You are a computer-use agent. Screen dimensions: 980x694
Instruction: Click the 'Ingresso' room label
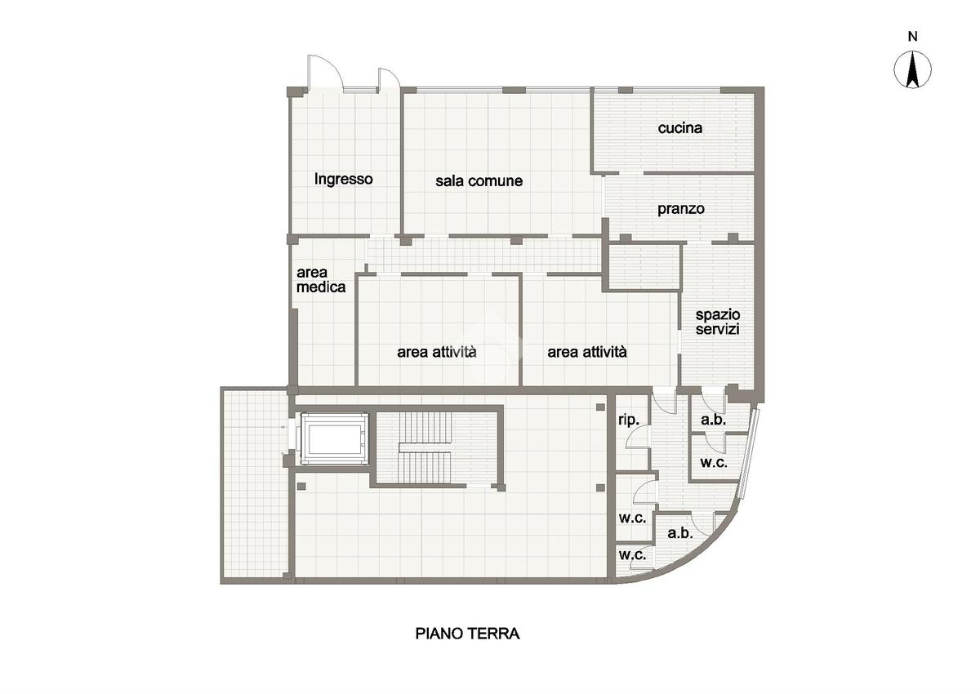pyautogui.click(x=344, y=180)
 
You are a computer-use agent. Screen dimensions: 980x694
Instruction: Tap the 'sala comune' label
pyautogui.click(x=479, y=181)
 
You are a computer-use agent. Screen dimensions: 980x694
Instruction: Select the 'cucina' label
pyautogui.click(x=679, y=127)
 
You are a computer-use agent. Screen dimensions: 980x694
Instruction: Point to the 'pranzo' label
pyautogui.click(x=681, y=209)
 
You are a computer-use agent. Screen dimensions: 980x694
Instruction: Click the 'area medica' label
pyautogui.click(x=321, y=280)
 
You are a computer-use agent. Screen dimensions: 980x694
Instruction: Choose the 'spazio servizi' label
pyautogui.click(x=718, y=322)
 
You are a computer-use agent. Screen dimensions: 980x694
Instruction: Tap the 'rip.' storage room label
pyautogui.click(x=629, y=420)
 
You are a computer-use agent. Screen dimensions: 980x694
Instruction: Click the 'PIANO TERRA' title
pyautogui.click(x=467, y=634)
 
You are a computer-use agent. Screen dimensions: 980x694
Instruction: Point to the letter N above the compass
pyautogui.click(x=912, y=37)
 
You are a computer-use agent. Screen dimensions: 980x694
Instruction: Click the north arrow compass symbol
pyautogui.click(x=912, y=70)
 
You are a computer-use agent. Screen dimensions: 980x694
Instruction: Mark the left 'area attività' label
pyautogui.click(x=437, y=352)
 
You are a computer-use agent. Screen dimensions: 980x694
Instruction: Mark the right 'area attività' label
pyautogui.click(x=586, y=352)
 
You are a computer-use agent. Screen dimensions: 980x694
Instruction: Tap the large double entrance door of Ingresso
pyautogui.click(x=326, y=73)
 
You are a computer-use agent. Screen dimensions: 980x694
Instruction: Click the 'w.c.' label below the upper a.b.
pyautogui.click(x=714, y=463)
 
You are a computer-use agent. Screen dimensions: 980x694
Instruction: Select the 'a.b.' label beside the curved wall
pyautogui.click(x=679, y=533)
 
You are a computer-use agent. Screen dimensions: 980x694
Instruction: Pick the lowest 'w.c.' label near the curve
pyautogui.click(x=632, y=555)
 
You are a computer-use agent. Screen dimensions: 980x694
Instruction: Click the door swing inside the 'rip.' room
pyautogui.click(x=637, y=438)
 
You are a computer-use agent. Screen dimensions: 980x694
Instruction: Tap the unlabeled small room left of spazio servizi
pyautogui.click(x=644, y=267)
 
